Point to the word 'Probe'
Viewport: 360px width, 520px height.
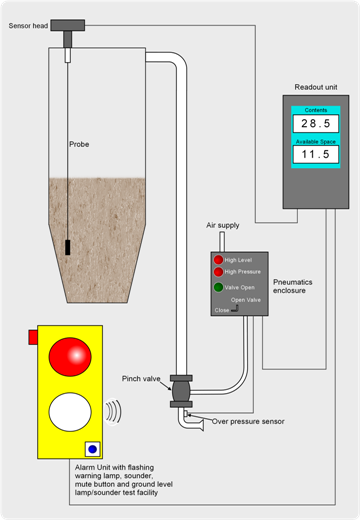coord(80,144)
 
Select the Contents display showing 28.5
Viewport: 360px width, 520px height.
coord(314,122)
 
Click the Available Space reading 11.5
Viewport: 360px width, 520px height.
coord(314,156)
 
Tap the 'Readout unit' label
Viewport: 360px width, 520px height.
coord(315,86)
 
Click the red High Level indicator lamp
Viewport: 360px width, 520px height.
coord(218,260)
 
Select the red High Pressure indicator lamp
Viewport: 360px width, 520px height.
coord(218,271)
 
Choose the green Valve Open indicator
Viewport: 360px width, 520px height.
coord(218,287)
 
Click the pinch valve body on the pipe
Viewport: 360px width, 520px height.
coord(181,389)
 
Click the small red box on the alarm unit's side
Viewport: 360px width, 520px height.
coord(33,338)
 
